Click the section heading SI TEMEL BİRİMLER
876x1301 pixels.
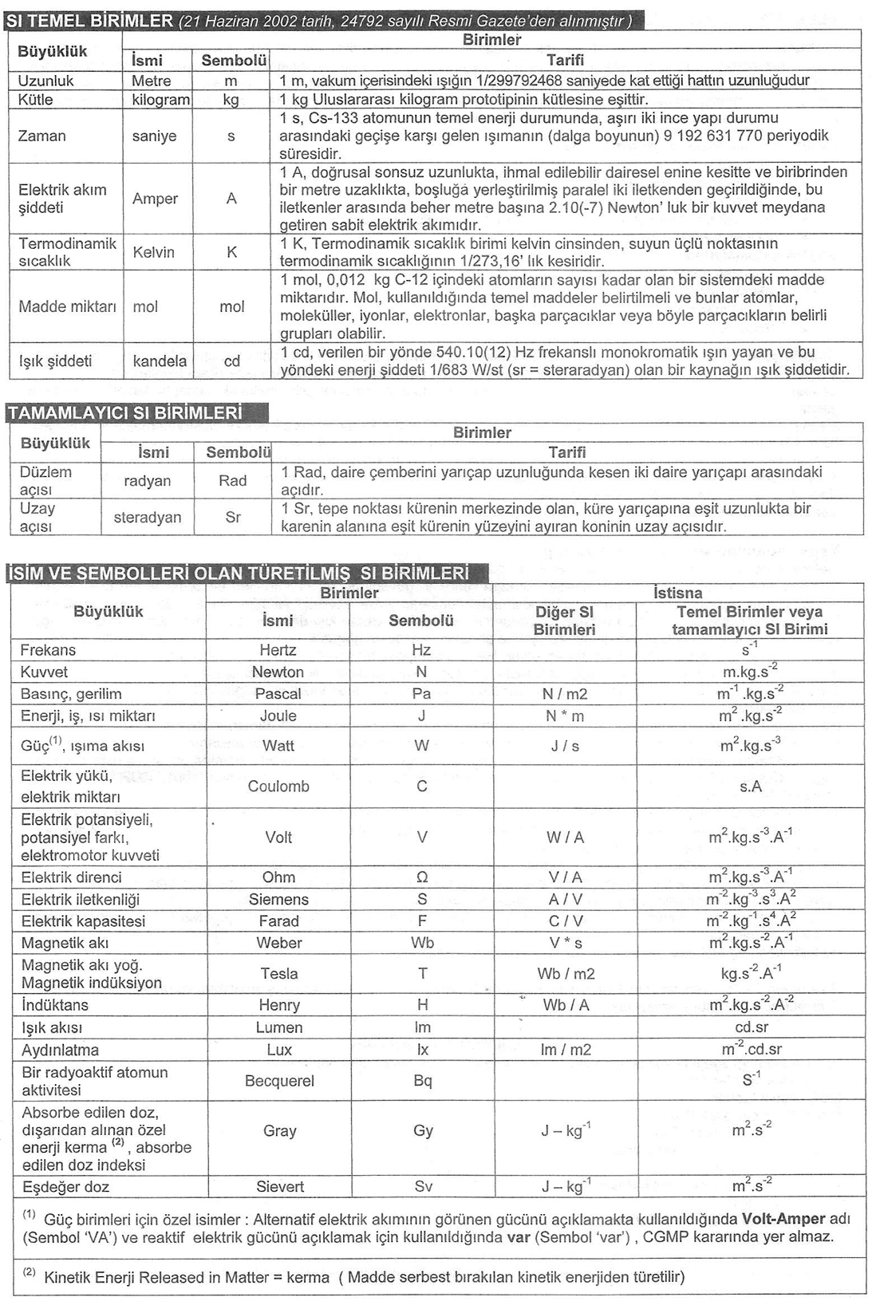click(89, 21)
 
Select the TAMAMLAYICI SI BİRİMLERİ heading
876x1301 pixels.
click(124, 412)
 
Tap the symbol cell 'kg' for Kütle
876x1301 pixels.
click(231, 100)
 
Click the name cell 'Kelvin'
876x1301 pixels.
click(153, 252)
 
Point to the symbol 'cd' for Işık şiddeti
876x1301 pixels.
click(231, 361)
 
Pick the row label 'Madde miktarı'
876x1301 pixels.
click(67, 306)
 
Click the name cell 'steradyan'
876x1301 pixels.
click(148, 517)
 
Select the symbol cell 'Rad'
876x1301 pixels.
click(232, 480)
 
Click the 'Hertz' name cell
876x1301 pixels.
click(278, 650)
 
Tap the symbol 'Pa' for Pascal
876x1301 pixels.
click(421, 694)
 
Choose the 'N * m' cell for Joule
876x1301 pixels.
click(565, 716)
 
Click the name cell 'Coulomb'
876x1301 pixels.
click(278, 786)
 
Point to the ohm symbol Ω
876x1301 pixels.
click(422, 877)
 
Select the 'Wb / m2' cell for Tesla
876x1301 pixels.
click(566, 973)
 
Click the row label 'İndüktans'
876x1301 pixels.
click(55, 1005)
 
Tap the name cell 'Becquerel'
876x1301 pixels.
click(279, 1081)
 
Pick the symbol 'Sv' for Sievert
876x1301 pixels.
click(423, 1186)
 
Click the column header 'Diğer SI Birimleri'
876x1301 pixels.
click(565, 621)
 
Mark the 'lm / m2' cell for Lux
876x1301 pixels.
click(566, 1050)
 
